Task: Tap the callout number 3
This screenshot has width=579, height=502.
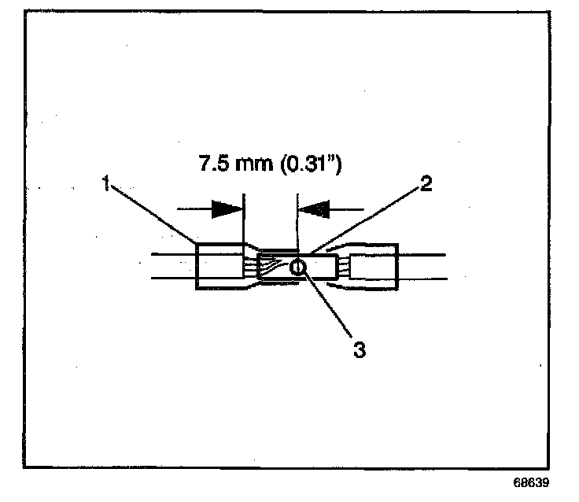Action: click(359, 350)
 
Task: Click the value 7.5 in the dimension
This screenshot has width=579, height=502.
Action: click(208, 166)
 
